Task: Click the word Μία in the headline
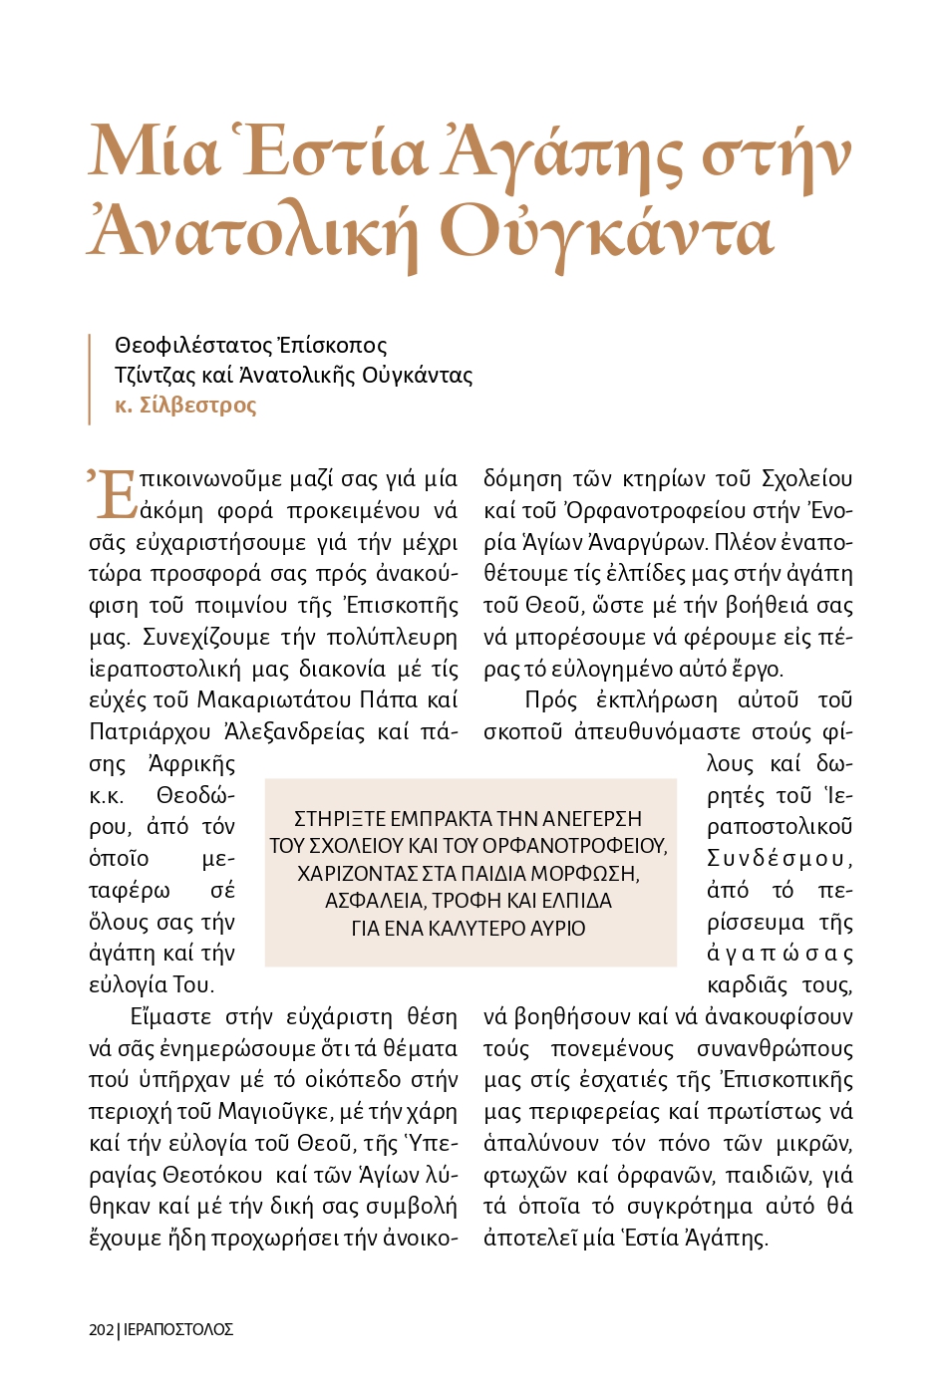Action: point(154,153)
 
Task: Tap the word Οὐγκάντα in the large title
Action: point(606,232)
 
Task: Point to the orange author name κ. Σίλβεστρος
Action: point(185,406)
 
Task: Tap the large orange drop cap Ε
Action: point(117,494)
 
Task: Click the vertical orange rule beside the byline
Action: point(90,378)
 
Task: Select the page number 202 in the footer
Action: point(101,1329)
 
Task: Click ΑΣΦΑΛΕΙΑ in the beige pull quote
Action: point(370,901)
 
